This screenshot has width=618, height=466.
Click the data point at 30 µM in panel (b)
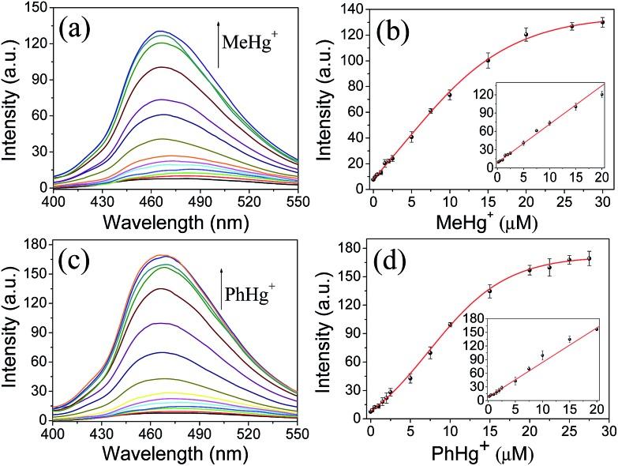click(x=603, y=22)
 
